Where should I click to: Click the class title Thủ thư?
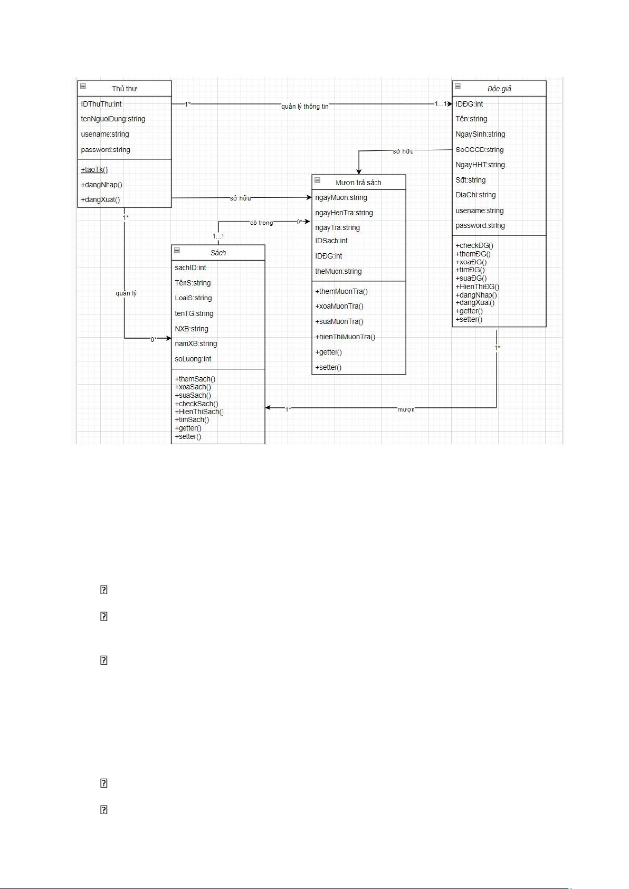coord(124,89)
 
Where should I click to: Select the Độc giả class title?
coord(499,89)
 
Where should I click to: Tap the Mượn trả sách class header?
coord(358,183)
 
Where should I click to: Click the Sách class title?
coord(218,253)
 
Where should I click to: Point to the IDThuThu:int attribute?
coord(101,104)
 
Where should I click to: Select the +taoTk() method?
coord(94,169)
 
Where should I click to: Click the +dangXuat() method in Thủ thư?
coord(100,199)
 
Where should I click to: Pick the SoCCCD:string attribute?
coord(480,149)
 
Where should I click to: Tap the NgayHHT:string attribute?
coord(480,165)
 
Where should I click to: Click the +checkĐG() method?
coord(474,245)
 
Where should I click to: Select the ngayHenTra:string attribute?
coord(344,213)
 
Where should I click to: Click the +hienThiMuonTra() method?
coord(345,337)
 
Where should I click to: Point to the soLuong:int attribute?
coord(193,359)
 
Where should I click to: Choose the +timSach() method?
coord(192,419)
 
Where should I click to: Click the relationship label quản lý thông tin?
coord(304,107)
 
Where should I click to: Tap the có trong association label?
coord(262,223)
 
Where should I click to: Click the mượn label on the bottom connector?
coord(406,409)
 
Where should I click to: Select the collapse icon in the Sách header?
coord(177,251)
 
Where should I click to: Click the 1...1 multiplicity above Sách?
coord(218,236)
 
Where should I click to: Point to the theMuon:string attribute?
coord(338,271)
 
